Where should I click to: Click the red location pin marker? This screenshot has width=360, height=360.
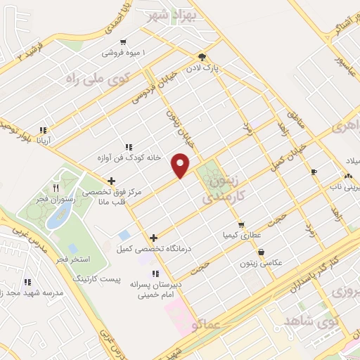point(181,165)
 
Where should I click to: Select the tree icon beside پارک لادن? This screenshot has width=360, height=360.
point(202,58)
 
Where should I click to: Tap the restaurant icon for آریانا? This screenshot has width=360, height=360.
point(43,130)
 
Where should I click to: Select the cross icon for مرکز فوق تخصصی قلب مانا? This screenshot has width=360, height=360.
point(111,181)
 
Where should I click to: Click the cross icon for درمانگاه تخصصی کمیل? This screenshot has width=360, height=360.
point(153,238)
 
